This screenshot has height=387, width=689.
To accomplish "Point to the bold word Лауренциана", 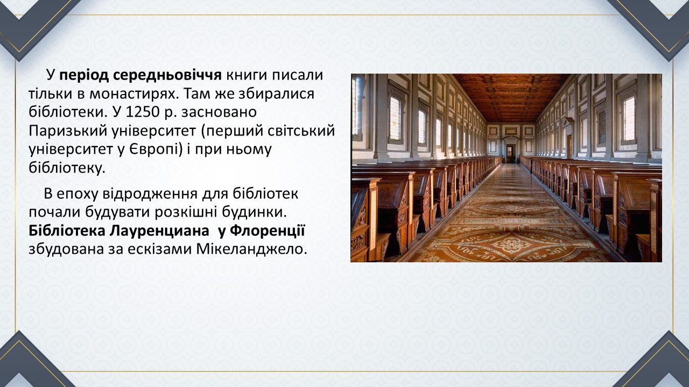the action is pos(159,231).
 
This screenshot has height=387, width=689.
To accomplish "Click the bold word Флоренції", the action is pos(268,231).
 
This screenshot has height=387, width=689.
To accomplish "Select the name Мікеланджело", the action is pos(251,249).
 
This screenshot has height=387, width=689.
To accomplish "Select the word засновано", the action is pos(219,112).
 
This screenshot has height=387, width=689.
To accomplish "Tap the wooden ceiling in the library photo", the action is pos(511,96).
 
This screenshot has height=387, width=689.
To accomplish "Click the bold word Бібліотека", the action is pos(67,231).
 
